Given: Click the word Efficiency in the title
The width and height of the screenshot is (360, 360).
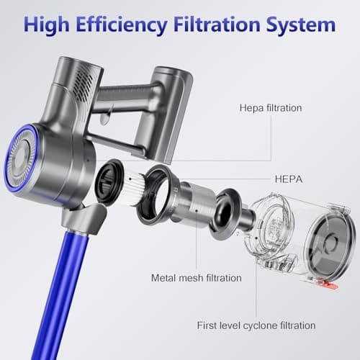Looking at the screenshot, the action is point(122,25).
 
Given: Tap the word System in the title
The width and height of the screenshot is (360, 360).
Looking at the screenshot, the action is point(301,25).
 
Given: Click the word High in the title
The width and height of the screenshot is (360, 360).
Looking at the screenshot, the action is point(47,25).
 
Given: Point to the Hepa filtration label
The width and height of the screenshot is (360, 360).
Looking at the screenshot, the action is point(271,108).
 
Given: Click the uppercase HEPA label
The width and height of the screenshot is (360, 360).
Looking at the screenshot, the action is point(289,179).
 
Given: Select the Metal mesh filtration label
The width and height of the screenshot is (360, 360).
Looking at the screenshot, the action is point(197,278).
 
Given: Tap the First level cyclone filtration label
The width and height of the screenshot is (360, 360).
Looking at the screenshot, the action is point(256,325).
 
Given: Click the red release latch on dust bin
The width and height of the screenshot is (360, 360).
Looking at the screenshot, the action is point(328,284).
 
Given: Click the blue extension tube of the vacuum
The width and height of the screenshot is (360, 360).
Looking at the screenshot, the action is point(60,295).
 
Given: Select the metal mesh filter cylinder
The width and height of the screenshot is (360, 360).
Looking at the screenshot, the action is point(197,201).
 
